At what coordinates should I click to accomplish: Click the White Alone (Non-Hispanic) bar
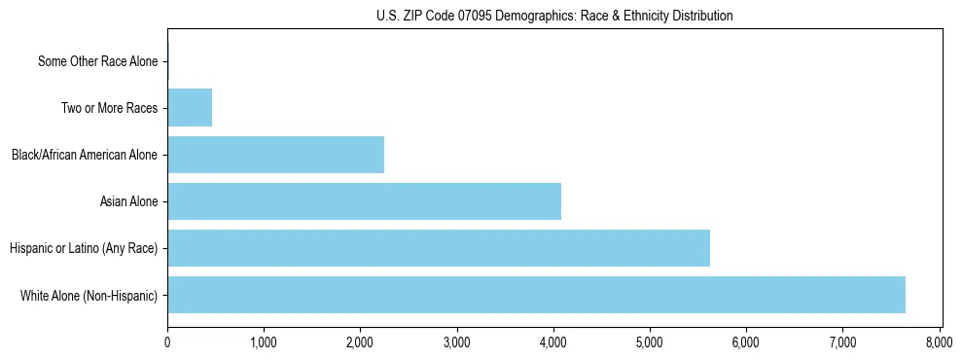(x=536, y=295)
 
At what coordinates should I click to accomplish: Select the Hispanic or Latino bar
(x=439, y=248)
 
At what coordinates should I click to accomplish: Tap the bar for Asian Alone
(x=364, y=201)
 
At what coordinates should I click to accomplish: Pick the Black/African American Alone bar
(x=275, y=155)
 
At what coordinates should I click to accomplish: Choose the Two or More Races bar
(x=190, y=108)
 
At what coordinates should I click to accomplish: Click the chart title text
(x=554, y=16)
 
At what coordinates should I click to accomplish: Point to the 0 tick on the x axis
(x=167, y=342)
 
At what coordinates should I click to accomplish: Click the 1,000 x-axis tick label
(x=264, y=342)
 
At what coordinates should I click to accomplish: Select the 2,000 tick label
(x=360, y=342)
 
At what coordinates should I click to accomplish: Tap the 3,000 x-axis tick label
(x=456, y=342)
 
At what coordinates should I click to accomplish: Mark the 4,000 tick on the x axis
(x=553, y=342)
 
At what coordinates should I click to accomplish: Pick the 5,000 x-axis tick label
(x=650, y=342)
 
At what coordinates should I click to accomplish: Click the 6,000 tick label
(x=746, y=342)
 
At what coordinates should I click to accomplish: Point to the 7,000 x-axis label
(x=842, y=342)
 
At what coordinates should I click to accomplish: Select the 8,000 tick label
(x=939, y=342)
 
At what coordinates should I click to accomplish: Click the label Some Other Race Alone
(x=97, y=61)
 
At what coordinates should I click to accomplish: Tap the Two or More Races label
(x=109, y=108)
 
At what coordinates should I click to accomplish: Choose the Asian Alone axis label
(x=128, y=201)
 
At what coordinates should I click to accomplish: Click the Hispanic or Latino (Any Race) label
(x=84, y=248)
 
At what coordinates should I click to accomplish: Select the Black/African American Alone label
(x=85, y=155)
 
